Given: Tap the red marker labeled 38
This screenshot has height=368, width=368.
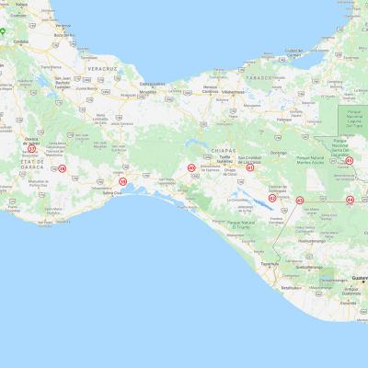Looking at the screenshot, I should (63, 168).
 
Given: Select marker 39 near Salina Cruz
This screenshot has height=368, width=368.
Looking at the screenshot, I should (123, 181).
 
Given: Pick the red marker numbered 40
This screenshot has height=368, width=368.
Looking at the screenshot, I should (191, 167).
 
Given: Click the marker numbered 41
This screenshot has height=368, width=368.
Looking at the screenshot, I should (250, 167).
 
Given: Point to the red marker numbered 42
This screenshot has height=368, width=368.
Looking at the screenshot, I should (272, 198).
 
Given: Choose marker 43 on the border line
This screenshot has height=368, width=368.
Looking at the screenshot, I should (300, 200).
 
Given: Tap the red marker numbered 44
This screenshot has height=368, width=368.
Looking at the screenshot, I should (350, 199).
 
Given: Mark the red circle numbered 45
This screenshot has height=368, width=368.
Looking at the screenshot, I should (350, 161).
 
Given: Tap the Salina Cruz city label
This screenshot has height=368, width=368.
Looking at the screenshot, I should (111, 193).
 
